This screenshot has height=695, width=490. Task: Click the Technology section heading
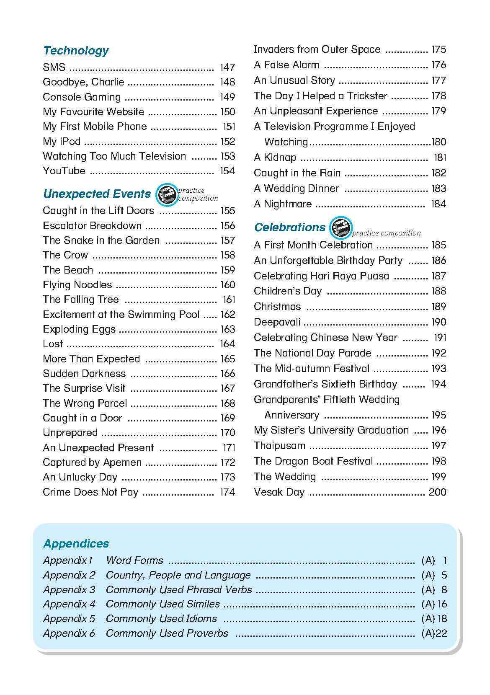click(76, 51)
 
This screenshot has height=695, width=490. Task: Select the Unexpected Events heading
click(97, 194)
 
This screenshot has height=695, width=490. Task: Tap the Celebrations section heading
click(289, 227)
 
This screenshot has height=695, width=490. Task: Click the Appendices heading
click(76, 543)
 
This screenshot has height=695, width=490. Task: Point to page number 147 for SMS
click(227, 67)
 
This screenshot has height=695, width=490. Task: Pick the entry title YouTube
click(64, 171)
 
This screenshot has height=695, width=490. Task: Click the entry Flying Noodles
click(77, 285)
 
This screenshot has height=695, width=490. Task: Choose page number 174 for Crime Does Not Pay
click(227, 492)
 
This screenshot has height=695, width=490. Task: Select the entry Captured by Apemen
click(92, 462)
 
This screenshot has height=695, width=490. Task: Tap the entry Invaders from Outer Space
click(317, 49)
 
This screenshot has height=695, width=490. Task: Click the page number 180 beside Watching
click(438, 142)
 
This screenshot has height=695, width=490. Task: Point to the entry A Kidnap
click(275, 158)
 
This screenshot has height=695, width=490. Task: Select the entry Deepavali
click(277, 322)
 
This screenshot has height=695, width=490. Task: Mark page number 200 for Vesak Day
click(437, 492)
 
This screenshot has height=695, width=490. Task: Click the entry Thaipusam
click(279, 446)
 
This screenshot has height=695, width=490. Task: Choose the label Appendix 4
click(69, 604)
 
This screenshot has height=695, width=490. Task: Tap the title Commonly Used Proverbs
click(167, 633)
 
